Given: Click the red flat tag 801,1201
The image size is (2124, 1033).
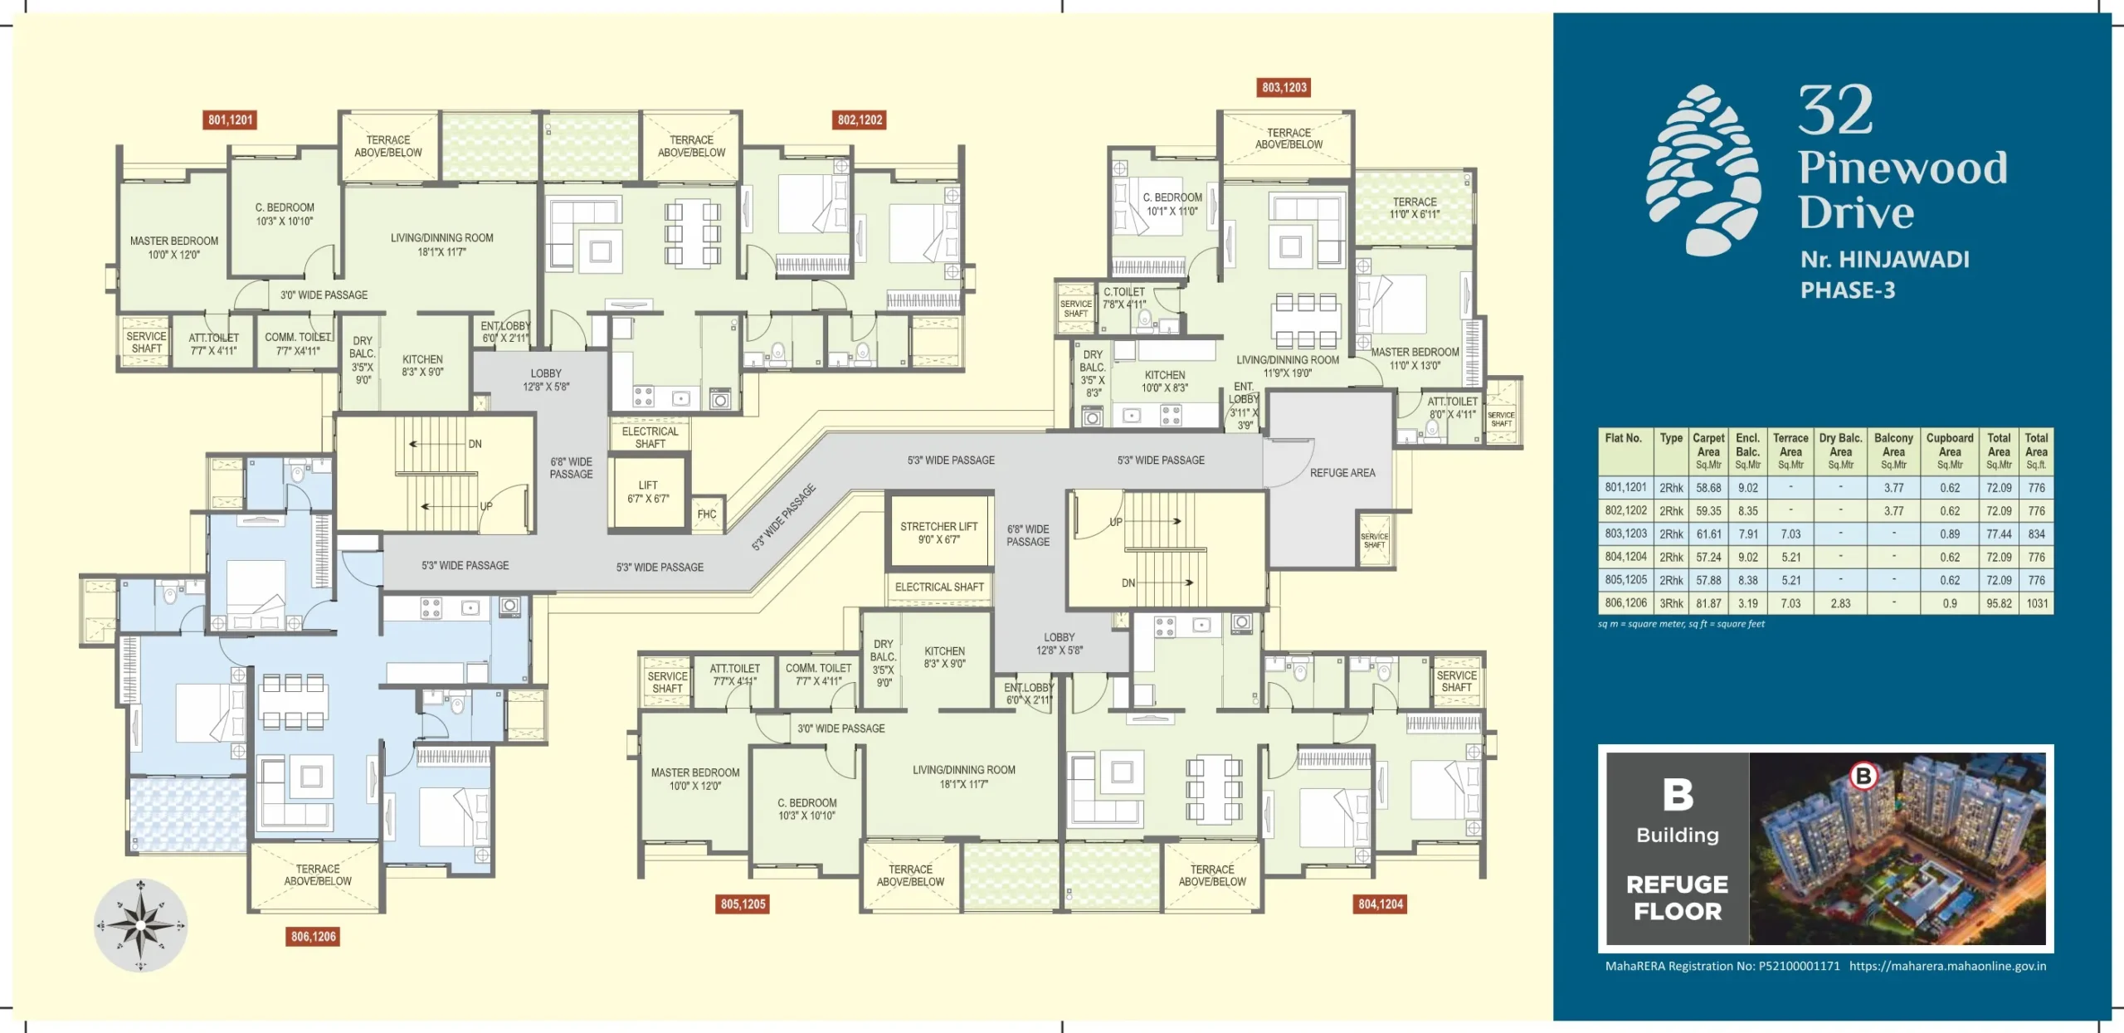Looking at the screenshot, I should (230, 120).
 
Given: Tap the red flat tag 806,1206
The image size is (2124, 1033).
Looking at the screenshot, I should (314, 937).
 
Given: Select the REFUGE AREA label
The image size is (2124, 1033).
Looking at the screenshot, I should (1342, 473).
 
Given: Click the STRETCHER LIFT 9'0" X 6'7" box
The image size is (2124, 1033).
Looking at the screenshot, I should (938, 533).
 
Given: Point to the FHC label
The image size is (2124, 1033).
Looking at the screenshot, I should (707, 514).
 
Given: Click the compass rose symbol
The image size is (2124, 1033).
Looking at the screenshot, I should (140, 925).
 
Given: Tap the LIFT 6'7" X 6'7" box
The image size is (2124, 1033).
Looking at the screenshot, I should (648, 492).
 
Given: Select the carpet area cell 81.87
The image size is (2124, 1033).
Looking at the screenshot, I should (1707, 604).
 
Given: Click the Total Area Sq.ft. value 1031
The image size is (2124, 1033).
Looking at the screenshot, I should (2036, 604).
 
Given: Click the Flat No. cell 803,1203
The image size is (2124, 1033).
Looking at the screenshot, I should (1625, 534).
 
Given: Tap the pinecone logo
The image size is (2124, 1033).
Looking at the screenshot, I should (1704, 170).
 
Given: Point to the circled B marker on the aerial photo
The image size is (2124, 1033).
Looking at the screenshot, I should (1863, 777).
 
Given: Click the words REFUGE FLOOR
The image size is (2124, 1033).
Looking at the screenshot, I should (1677, 898).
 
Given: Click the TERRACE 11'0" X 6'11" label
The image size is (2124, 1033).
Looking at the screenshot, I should (1414, 208).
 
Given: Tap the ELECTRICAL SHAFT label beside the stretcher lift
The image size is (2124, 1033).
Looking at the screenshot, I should (938, 587).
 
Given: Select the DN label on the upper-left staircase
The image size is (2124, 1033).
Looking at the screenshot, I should (475, 444).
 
